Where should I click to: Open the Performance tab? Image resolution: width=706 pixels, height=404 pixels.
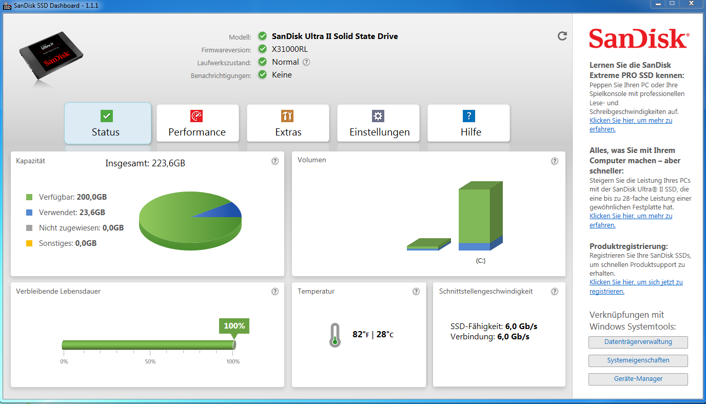[198, 123]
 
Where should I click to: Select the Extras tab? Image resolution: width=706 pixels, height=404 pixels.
[288, 123]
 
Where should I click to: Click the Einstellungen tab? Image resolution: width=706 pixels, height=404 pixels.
[378, 123]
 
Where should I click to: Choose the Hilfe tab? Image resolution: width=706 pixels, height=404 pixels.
[468, 123]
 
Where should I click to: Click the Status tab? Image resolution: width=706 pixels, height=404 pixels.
[108, 123]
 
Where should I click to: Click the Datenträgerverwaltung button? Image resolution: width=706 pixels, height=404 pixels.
[638, 342]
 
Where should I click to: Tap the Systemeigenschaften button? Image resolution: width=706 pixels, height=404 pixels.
[638, 360]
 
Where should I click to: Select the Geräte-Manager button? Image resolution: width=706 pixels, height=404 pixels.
[638, 379]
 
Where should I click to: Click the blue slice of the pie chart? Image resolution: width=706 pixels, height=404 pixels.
[225, 211]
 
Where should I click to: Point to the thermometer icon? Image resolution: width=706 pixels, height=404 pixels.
[335, 335]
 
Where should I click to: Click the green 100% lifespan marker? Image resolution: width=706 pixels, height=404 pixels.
[234, 326]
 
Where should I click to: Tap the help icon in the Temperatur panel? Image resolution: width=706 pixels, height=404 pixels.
[416, 292]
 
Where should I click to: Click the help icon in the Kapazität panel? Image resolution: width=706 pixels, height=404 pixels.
[275, 161]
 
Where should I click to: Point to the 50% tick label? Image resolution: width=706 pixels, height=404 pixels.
[150, 361]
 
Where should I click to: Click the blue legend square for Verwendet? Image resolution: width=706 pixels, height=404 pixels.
[29, 213]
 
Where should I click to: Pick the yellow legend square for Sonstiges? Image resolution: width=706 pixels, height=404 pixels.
[29, 243]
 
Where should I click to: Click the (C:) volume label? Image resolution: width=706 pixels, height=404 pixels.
[481, 261]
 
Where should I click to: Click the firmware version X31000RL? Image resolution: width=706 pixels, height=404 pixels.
[290, 49]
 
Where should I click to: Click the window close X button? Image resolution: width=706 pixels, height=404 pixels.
[691, 4]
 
